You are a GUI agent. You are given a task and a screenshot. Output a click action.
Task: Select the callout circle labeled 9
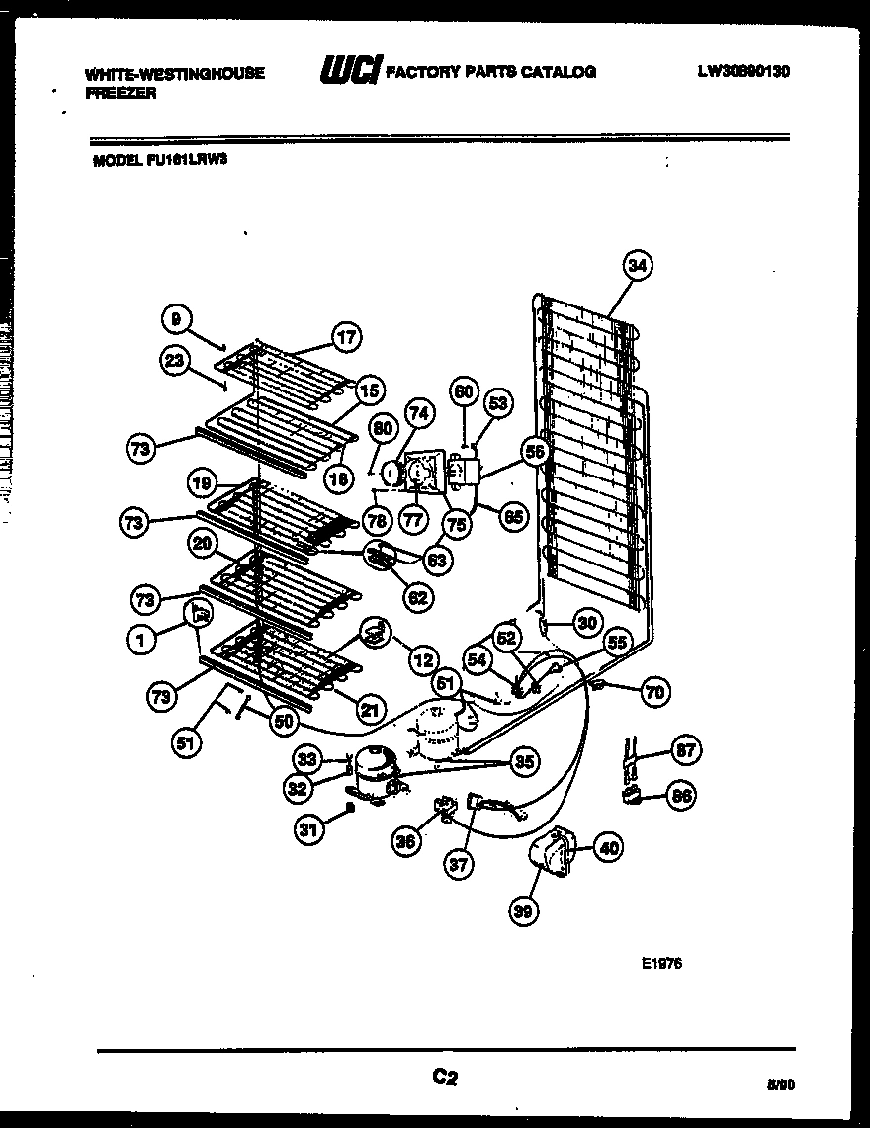click(x=175, y=318)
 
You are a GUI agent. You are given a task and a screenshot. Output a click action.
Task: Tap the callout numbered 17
click(x=346, y=336)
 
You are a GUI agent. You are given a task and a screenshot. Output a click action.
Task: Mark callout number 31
click(x=309, y=830)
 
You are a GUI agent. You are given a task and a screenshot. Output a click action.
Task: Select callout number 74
click(x=418, y=415)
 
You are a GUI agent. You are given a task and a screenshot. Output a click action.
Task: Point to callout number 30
click(x=587, y=624)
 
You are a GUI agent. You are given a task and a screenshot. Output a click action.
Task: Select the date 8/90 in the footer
click(x=779, y=1084)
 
